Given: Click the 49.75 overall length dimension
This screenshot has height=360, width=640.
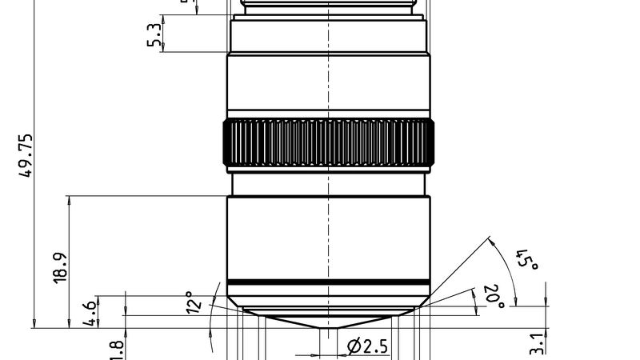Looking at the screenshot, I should tap(26, 157).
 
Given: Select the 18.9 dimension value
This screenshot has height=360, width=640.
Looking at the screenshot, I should tap(59, 267).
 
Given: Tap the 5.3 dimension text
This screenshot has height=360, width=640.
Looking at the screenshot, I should tap(154, 34).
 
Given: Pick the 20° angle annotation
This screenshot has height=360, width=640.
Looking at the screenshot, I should tap(493, 295).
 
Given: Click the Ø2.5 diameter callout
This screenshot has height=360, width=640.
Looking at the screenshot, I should tap(367, 346).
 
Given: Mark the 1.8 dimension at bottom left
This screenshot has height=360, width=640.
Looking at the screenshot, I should tap(115, 350).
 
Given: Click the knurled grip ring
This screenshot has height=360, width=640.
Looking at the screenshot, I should tap(328, 143).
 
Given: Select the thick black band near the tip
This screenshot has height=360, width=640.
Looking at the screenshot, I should tap(328, 282).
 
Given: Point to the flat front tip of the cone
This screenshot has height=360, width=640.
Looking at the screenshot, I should tap(328, 327).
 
